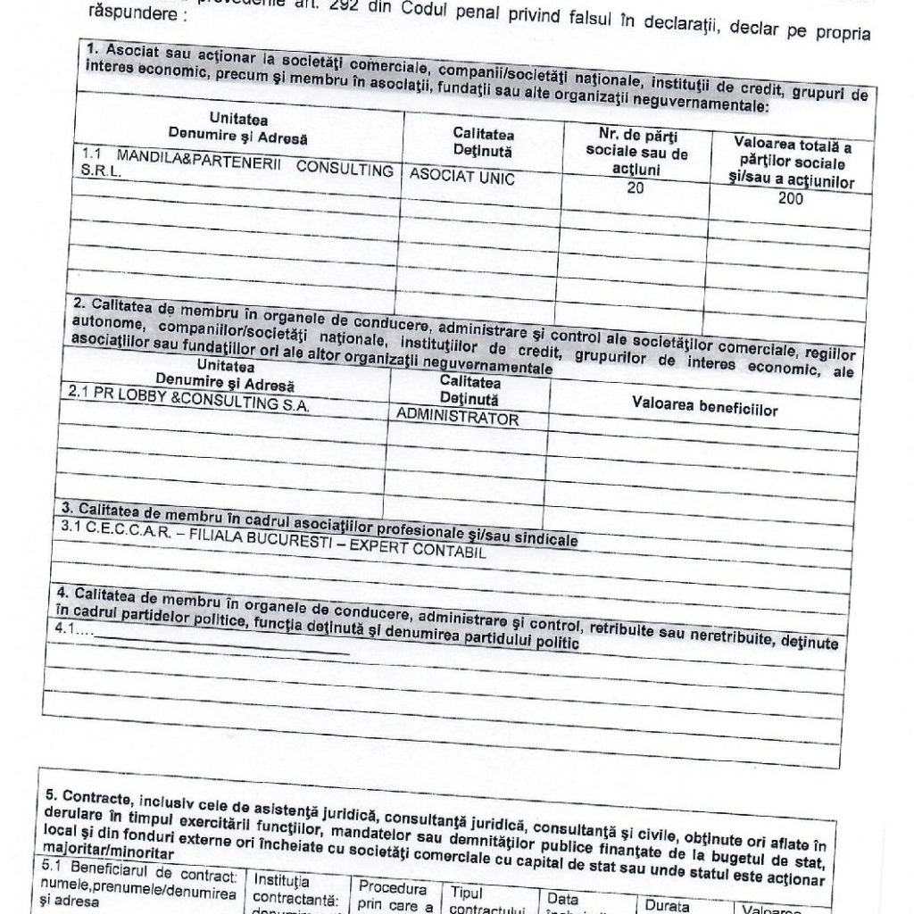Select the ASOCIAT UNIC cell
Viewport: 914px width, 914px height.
(x=462, y=179)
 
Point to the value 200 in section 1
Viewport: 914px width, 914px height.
(x=789, y=199)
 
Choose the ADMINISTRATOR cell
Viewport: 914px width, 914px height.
(x=456, y=417)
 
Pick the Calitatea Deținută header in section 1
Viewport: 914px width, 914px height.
(x=483, y=139)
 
